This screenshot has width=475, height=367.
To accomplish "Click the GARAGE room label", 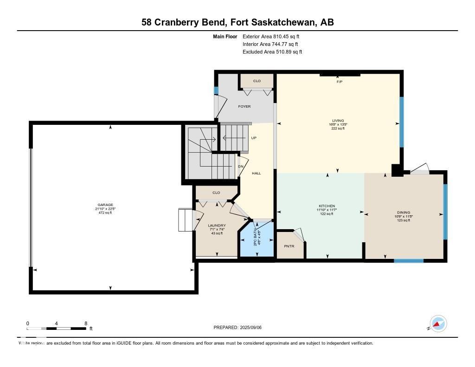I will click(105, 205).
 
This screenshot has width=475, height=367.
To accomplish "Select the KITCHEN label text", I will click(327, 206).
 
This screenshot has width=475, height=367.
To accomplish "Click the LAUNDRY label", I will click(217, 225).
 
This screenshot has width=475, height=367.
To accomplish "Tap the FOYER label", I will click(244, 107).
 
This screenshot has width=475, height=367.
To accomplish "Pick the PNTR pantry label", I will click(289, 246).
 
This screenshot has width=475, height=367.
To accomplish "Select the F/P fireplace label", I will click(340, 82).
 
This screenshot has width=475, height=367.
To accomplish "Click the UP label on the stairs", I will click(254, 138).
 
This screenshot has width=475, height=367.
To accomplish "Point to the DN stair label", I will click(241, 167).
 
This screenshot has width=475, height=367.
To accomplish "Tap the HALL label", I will click(256, 173).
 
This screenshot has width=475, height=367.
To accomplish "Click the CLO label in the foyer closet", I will click(257, 81).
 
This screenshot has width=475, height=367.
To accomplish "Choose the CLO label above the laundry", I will click(216, 193).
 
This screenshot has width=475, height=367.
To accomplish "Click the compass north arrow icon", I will click(438, 323).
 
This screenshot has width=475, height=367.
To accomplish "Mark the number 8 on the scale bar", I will click(86, 323).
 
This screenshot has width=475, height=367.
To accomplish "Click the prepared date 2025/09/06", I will click(253, 328).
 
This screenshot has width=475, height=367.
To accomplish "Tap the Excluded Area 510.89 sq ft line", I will click(272, 52).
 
